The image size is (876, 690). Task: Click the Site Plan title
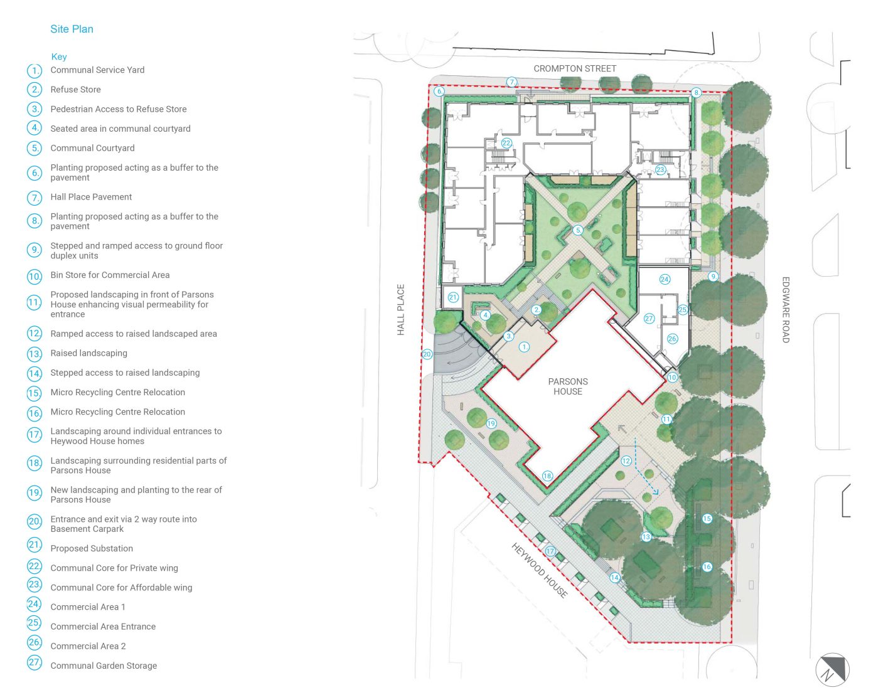coord(72,29)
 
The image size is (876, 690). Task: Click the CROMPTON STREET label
coord(575,68)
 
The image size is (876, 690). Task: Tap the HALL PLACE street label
coord(401,309)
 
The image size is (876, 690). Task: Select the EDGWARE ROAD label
coord(786,309)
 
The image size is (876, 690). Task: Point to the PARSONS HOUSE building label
coord(568,386)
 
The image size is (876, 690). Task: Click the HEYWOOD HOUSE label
coord(540,570)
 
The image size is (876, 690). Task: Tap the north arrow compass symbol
coord(832,671)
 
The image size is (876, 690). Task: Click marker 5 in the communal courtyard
coord(578,230)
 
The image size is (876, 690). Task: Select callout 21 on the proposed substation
coord(453,297)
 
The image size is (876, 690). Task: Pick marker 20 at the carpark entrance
coord(427,354)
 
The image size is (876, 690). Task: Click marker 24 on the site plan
coord(665,279)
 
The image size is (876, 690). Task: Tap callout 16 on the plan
coord(707,567)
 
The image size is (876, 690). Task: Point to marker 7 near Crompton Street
coord(512,82)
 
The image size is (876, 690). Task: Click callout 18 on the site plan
coord(547,476)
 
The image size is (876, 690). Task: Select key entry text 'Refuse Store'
coord(75,90)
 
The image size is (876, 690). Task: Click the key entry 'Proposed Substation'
coord(92,548)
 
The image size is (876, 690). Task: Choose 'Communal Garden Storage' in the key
coord(104,666)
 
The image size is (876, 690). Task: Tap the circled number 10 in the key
coord(35,276)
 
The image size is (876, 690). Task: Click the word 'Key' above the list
coord(59,56)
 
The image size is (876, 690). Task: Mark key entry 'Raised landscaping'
coord(88,353)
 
